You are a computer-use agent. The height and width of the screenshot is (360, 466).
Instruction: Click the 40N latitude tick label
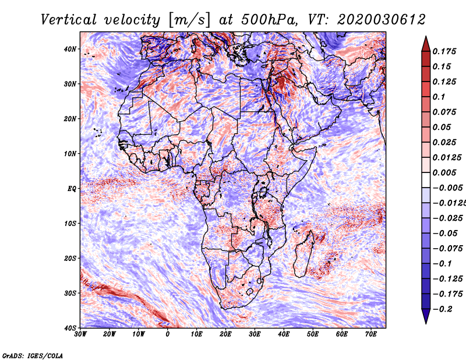[x=70, y=49]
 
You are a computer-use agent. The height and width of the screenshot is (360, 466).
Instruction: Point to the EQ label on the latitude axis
[x=72, y=189]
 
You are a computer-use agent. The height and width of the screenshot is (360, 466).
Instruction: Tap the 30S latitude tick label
[x=70, y=293]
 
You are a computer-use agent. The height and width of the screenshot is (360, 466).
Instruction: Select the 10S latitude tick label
[x=70, y=223]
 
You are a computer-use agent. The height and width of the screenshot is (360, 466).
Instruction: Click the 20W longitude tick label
[x=110, y=334]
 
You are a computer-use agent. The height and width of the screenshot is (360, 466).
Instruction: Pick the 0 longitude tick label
[x=168, y=334]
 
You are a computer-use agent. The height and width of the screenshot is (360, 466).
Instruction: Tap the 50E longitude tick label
[x=313, y=334]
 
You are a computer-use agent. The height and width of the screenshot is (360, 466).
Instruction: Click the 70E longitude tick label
[x=371, y=334]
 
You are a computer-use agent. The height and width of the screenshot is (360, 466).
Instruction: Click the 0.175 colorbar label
[x=444, y=51]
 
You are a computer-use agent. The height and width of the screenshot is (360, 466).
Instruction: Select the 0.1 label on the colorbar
[x=439, y=97]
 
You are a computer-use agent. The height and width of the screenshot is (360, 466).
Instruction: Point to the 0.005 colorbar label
[x=444, y=172]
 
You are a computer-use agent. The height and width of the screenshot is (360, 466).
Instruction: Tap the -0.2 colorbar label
[x=442, y=309]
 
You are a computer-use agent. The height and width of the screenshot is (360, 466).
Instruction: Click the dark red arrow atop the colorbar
[x=426, y=44]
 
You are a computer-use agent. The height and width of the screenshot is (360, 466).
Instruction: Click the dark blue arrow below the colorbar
[x=426, y=316]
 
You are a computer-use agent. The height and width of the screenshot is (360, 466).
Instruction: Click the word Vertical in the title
[x=69, y=20]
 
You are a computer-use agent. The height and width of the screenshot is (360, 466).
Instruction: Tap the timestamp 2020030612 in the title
[x=382, y=20]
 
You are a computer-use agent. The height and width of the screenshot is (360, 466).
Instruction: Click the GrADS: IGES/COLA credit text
[x=33, y=356]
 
